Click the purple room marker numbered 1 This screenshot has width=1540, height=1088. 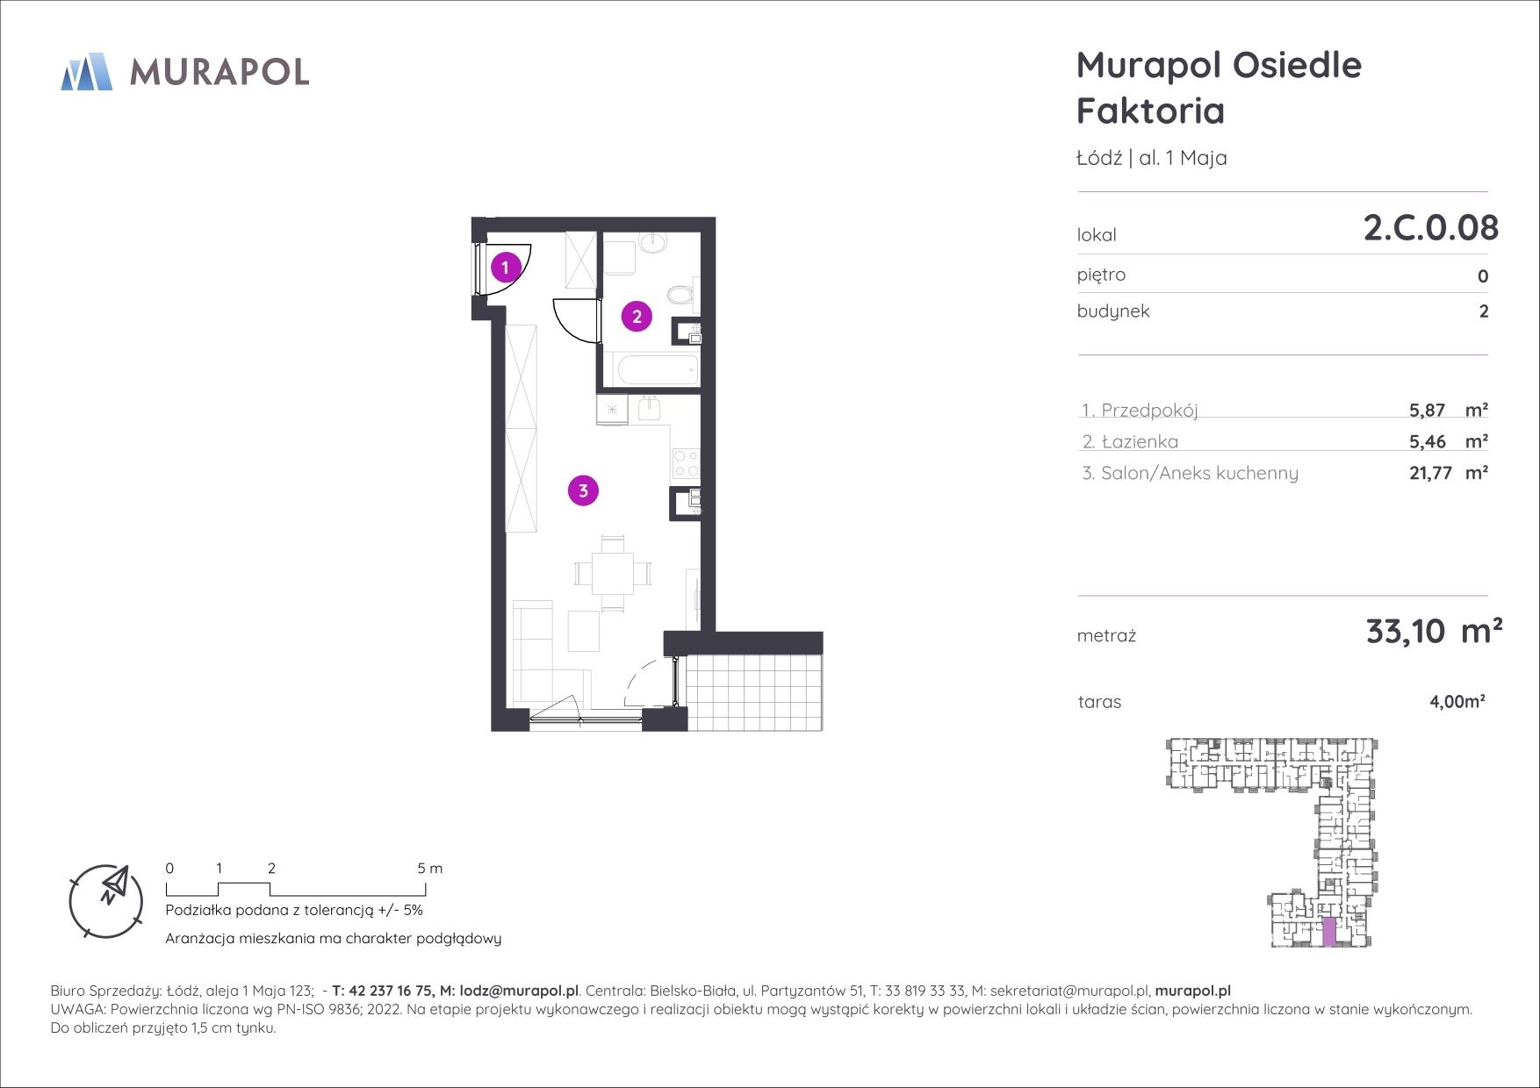(x=505, y=267)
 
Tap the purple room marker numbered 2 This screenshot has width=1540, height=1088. (x=637, y=316)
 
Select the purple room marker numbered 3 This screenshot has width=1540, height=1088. (x=583, y=490)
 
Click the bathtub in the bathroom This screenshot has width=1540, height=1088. (x=657, y=370)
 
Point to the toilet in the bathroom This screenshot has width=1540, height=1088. (x=680, y=294)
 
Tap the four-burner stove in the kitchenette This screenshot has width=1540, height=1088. (x=686, y=462)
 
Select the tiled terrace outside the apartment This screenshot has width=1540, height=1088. (x=754, y=692)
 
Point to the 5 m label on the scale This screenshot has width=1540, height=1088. (x=430, y=869)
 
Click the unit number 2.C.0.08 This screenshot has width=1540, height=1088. (x=1430, y=227)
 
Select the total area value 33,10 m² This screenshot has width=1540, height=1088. (x=1434, y=631)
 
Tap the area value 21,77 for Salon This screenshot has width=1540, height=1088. (x=1430, y=474)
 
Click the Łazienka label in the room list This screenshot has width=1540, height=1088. (x=1139, y=442)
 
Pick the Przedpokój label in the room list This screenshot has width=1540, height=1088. (x=1148, y=411)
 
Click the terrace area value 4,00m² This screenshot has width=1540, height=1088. (x=1457, y=702)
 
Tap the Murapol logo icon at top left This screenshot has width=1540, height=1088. (x=86, y=71)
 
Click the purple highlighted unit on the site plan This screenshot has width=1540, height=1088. (x=1329, y=932)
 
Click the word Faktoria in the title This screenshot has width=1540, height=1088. (x=1150, y=111)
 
